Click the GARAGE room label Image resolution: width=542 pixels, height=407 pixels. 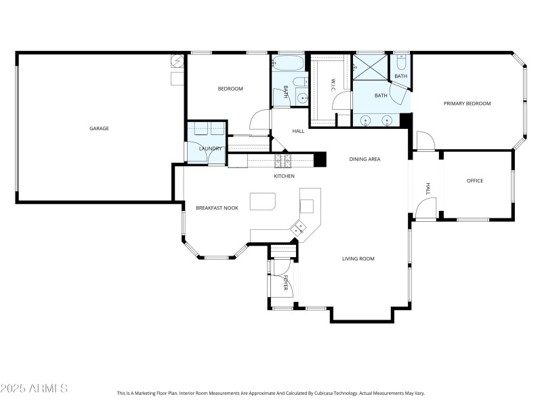(99, 128)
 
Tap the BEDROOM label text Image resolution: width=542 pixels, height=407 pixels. (230, 89)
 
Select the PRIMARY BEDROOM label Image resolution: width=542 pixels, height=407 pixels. (467, 103)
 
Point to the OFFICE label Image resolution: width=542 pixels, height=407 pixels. (475, 180)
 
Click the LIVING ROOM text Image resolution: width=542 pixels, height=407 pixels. (358, 258)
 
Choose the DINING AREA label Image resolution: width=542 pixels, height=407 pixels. (364, 159)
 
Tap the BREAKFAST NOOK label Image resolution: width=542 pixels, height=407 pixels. (217, 208)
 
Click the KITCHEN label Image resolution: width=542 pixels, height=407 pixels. (284, 176)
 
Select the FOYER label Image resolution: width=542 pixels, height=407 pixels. (286, 283)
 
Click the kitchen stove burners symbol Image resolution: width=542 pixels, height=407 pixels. (282, 161)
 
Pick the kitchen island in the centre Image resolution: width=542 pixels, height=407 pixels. (263, 202)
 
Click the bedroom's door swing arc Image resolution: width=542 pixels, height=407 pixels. (259, 121)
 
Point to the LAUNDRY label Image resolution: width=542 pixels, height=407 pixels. (211, 149)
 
